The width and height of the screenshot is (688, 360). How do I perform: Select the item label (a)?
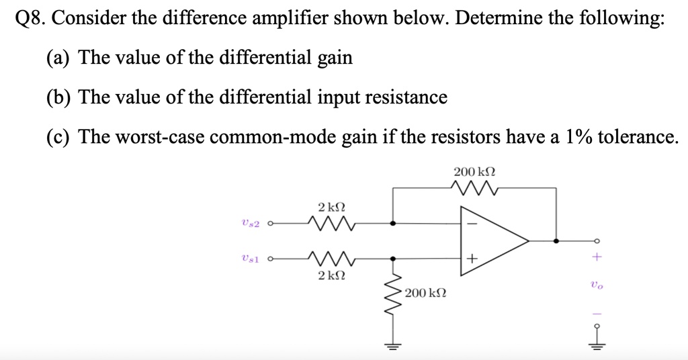pos(59,58)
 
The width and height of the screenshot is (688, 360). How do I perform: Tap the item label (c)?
pos(59,138)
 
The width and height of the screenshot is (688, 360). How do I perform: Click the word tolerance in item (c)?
pos(638,137)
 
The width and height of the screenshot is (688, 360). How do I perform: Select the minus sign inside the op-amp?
pos(472,223)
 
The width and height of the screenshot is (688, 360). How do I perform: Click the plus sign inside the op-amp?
pos(472,257)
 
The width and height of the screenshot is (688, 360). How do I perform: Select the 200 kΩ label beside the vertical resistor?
pos(426,294)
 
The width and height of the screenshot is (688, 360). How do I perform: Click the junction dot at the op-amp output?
pos(556,240)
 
